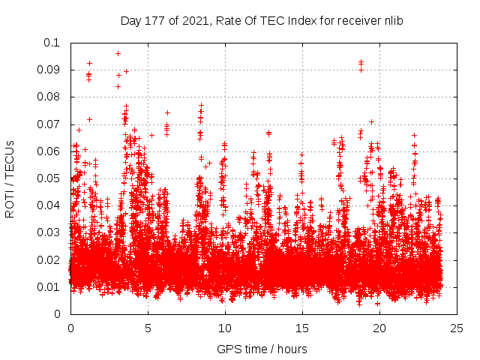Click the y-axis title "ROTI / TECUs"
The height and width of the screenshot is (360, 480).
[10, 178]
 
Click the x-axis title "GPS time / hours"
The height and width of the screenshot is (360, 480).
[262, 349]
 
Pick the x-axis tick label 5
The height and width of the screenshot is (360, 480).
[148, 328]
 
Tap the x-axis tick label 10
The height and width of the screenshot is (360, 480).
[225, 328]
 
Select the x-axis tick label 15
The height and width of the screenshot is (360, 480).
[302, 328]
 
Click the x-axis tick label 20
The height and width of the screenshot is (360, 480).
[379, 328]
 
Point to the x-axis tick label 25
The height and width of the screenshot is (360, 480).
[457, 328]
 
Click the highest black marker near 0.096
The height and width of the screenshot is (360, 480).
[118, 53]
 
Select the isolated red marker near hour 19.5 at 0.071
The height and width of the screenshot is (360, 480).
[371, 121]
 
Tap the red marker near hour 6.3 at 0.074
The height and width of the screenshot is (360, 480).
[167, 112]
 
